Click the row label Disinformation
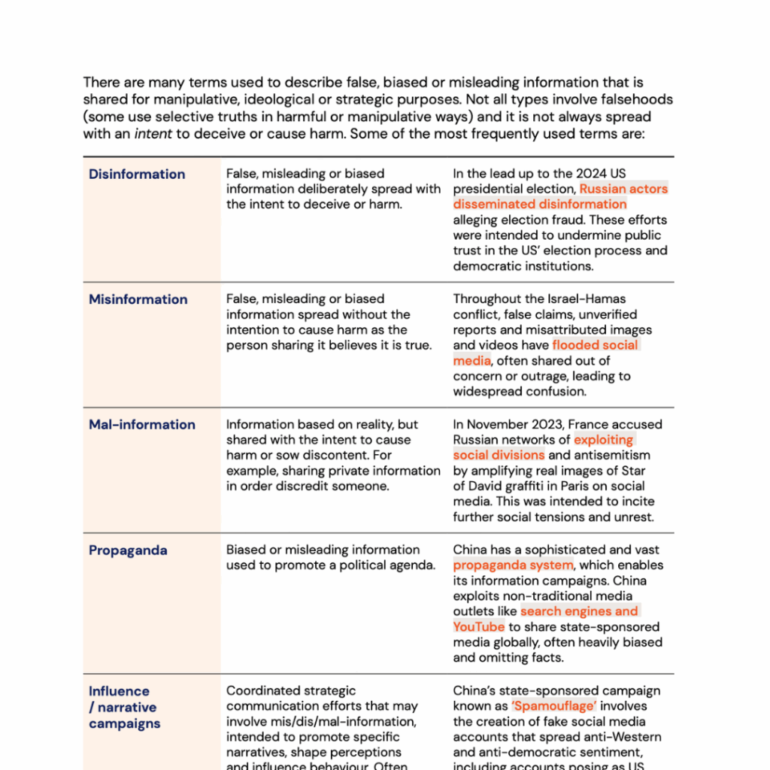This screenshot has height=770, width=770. [x=137, y=174]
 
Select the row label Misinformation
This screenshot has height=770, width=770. [x=138, y=299]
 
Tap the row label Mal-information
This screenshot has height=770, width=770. [x=141, y=425]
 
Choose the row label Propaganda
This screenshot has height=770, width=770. [x=128, y=550]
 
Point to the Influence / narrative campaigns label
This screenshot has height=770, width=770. [x=124, y=707]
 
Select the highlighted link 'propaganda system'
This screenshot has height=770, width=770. [x=513, y=565]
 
